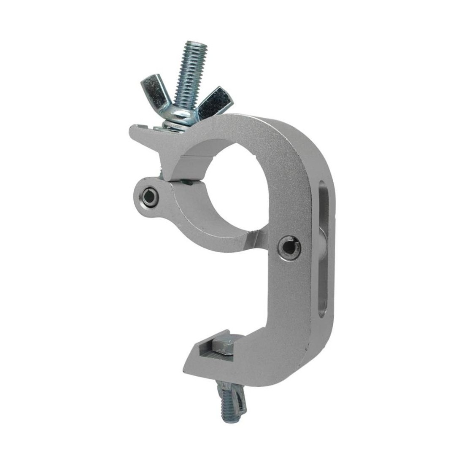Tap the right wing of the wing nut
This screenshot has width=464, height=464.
[x=217, y=101]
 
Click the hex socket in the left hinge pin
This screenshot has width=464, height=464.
[x=148, y=195]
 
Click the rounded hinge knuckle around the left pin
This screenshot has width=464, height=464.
[x=150, y=195]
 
